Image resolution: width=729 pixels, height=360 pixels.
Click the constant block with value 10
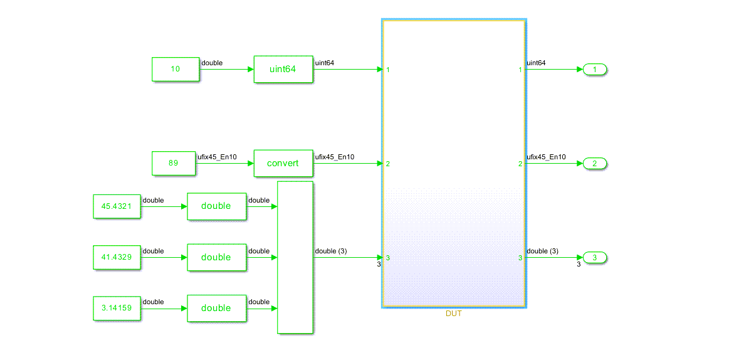point(176,69)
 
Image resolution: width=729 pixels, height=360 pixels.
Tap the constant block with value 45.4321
point(117,206)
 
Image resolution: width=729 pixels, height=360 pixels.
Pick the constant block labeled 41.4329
point(117,257)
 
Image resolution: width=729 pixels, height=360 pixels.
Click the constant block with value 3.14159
point(117,308)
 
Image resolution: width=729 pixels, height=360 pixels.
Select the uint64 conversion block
point(283,69)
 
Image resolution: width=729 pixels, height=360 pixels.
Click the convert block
point(283,163)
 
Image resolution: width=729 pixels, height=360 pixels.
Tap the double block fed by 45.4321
point(216,206)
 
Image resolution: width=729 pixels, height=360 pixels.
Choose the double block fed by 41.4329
point(216,257)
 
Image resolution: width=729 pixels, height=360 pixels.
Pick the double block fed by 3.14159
point(216,308)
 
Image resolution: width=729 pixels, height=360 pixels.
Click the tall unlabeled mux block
point(295,257)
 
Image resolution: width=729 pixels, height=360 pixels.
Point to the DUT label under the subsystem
point(453,314)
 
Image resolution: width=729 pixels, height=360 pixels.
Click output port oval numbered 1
point(595,69)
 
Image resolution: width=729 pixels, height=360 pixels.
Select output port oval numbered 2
point(595,164)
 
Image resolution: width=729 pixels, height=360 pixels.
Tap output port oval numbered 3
point(595,257)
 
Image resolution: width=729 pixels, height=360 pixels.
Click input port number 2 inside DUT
point(389,164)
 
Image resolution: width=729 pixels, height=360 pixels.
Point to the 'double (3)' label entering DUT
point(331,251)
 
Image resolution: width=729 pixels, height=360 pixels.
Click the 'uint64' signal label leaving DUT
point(536,63)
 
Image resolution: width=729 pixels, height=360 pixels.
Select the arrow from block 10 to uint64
point(226,69)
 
